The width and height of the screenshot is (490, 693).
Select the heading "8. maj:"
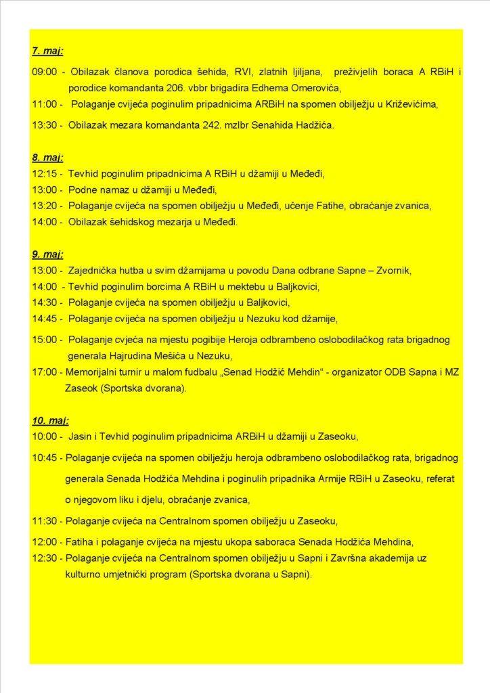point(47,158)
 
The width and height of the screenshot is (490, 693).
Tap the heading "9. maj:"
point(47,254)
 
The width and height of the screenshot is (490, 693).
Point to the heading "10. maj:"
point(50,420)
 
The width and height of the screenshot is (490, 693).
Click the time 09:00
point(44,72)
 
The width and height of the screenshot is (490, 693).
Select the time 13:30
point(44,126)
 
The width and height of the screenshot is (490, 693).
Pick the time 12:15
point(44,174)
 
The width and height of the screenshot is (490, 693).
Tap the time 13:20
point(44,206)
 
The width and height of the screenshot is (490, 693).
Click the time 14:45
point(44,319)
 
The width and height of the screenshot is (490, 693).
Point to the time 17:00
point(44,372)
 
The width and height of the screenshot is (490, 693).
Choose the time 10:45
point(44,458)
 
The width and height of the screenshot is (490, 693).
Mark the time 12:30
point(44,558)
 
